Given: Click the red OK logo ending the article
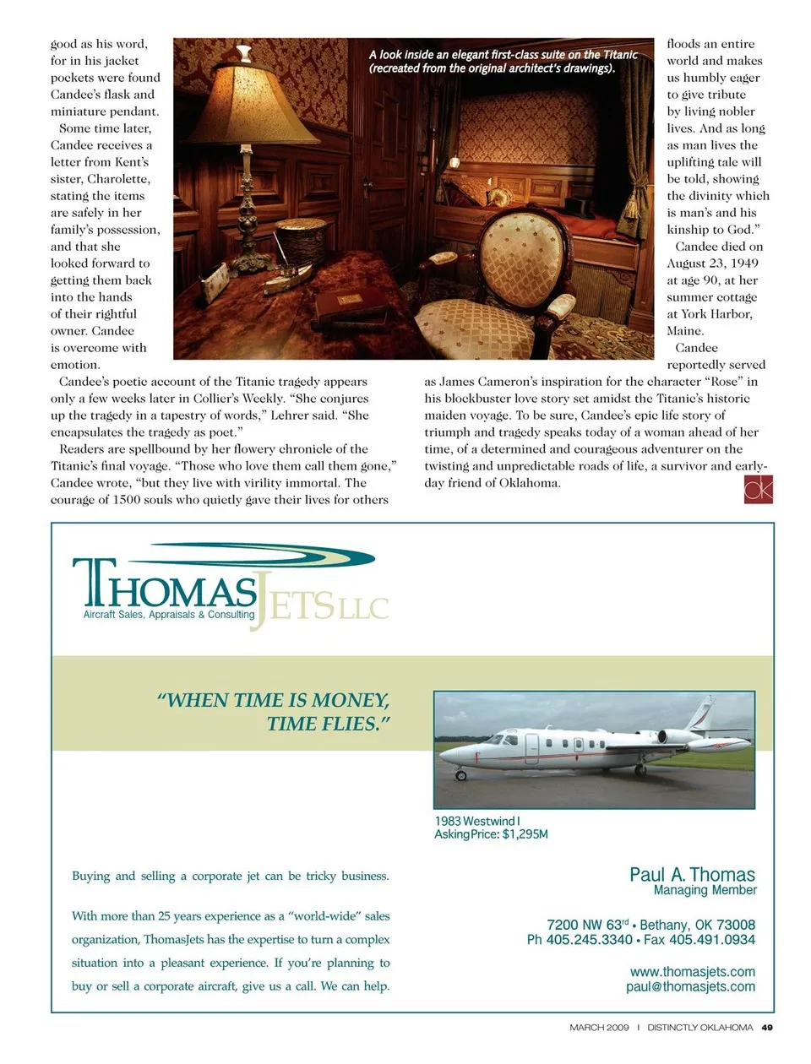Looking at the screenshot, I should (x=758, y=489).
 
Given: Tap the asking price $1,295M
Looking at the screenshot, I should (x=525, y=834).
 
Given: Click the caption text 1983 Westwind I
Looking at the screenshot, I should (x=477, y=821).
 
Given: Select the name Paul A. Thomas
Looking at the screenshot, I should (x=692, y=875).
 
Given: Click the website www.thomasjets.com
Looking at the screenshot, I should (x=692, y=972).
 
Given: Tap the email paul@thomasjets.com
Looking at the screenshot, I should (x=690, y=986).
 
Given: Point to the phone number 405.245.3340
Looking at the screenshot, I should (x=589, y=940).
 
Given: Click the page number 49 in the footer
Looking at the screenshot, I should (x=766, y=1028).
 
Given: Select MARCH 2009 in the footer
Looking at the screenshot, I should (x=599, y=1028).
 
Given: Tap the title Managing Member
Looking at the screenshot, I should (x=705, y=890).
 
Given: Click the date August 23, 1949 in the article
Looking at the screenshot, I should (x=712, y=263).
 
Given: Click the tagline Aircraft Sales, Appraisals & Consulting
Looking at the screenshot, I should (x=168, y=615).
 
